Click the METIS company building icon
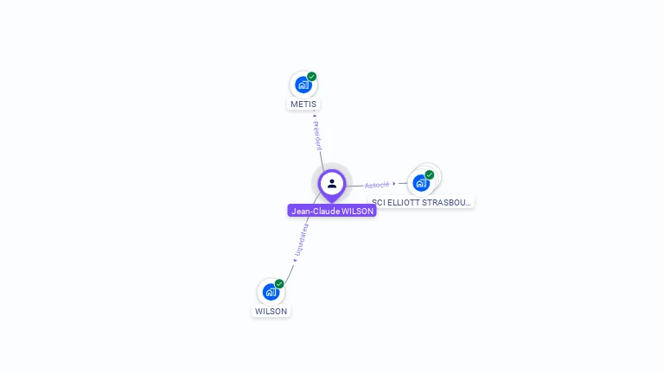click(x=303, y=85)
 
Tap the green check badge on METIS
click(x=312, y=77)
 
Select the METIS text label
click(x=303, y=104)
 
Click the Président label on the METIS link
click(x=317, y=136)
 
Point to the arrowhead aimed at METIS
click(x=314, y=115)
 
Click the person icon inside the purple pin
click(x=332, y=183)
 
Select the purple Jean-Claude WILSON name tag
click(x=332, y=211)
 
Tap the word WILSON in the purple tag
click(x=358, y=211)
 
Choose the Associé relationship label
click(x=377, y=185)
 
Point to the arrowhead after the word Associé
click(x=395, y=183)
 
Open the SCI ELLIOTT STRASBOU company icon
click(x=421, y=183)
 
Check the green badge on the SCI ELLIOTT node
click(x=430, y=175)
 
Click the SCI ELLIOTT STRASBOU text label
click(x=422, y=202)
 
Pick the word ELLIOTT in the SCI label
click(x=405, y=202)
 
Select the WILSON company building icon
click(x=271, y=292)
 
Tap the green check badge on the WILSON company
click(x=279, y=284)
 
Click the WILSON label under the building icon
click(x=271, y=311)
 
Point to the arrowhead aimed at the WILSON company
click(x=294, y=260)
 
